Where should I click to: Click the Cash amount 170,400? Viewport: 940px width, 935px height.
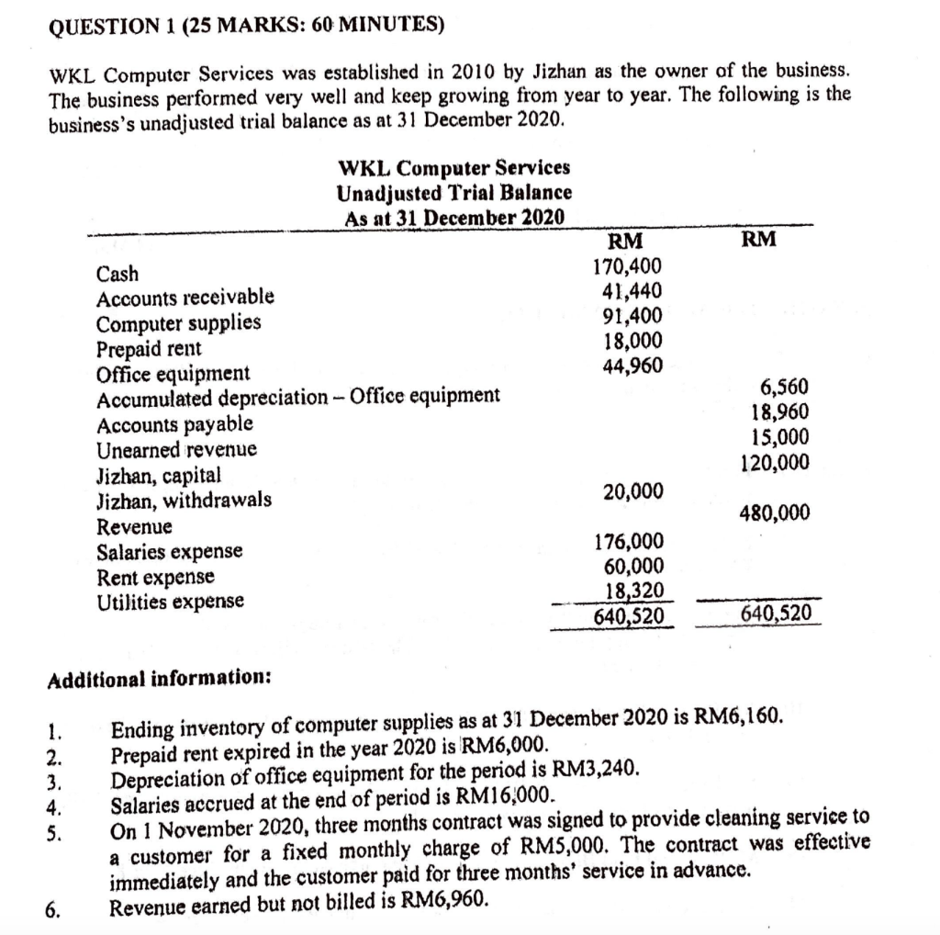[627, 268]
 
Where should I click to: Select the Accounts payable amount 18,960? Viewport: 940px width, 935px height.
[781, 413]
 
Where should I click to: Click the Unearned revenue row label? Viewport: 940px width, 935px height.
[176, 450]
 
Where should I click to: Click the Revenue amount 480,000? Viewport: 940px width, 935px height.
[776, 513]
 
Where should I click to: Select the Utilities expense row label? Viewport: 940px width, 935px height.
[171, 602]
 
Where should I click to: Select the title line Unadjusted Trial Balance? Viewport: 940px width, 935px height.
[454, 193]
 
